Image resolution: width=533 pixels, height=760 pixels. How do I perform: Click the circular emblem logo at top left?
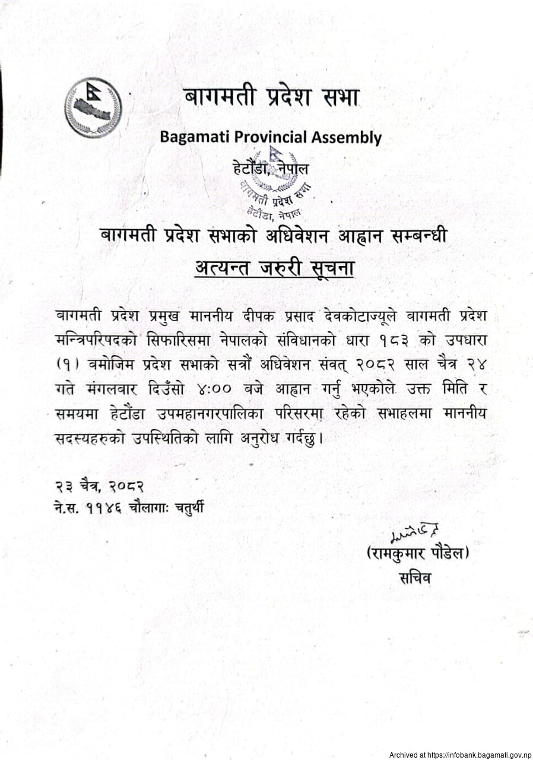tap(93, 108)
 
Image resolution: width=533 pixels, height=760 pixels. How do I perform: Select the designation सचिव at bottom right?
tap(415, 577)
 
